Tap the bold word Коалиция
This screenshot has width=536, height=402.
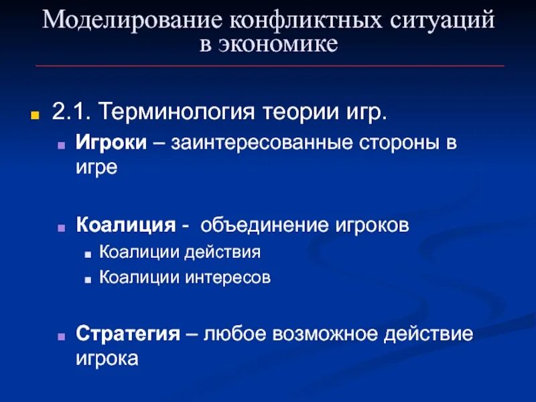(125, 224)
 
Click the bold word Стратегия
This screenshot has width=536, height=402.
(127, 334)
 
